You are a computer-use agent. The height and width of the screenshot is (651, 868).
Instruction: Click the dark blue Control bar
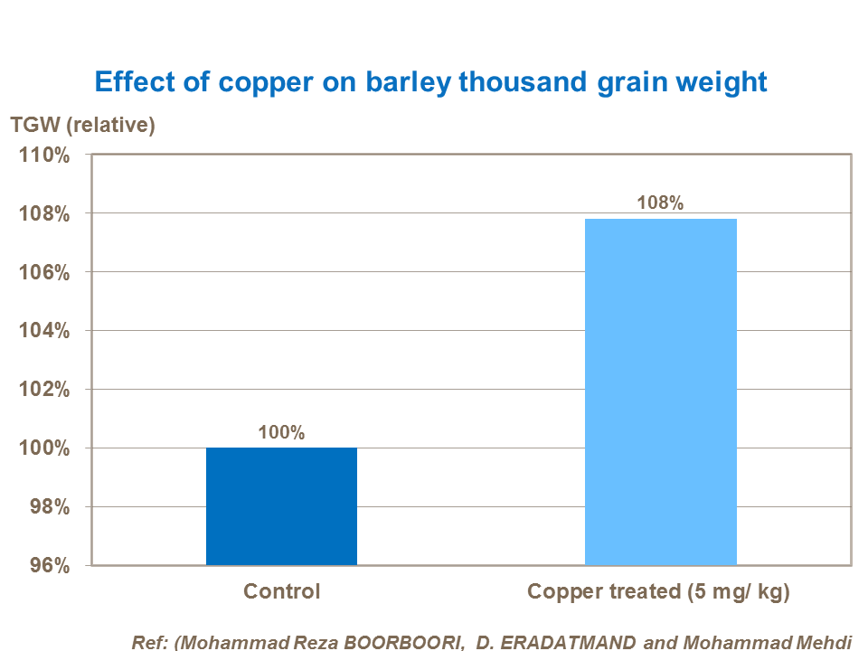click(x=281, y=506)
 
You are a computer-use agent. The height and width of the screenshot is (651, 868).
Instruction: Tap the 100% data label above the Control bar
click(x=281, y=432)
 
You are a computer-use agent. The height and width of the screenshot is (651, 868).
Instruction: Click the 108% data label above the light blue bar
click(x=660, y=203)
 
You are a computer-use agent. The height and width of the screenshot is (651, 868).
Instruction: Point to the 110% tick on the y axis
click(x=44, y=155)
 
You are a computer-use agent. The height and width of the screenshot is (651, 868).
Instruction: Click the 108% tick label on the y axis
click(x=44, y=213)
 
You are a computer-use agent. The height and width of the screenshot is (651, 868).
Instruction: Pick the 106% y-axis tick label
click(x=44, y=272)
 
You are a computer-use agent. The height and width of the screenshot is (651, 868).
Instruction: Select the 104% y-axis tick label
click(x=44, y=331)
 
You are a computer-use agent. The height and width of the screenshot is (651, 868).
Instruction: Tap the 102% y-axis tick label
click(x=44, y=390)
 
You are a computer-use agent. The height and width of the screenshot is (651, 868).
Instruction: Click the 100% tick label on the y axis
click(x=44, y=448)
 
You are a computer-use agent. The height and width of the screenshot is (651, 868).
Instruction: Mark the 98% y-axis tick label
click(x=50, y=507)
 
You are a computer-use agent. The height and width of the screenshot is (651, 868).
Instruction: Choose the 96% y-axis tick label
click(x=50, y=565)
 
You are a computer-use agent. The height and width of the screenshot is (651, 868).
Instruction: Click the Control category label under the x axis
click(x=281, y=592)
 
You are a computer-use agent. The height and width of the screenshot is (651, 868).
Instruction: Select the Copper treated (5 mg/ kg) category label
click(x=659, y=592)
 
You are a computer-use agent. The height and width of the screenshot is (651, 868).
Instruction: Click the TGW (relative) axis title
click(x=82, y=125)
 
